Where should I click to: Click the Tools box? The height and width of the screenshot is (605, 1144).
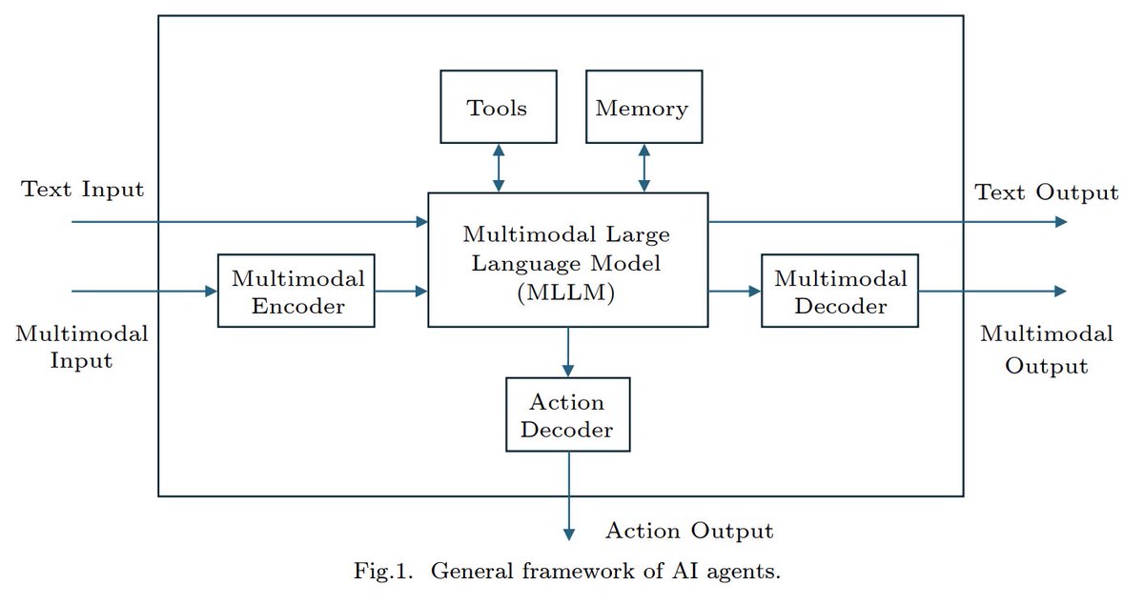point(498,107)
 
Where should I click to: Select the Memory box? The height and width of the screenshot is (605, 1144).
point(643,107)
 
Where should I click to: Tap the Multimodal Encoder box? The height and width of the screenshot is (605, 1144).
point(296,291)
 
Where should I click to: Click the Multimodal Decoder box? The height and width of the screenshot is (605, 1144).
point(839,291)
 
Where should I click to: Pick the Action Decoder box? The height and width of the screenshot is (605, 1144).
point(568,413)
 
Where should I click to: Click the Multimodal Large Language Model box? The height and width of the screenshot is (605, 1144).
point(567,259)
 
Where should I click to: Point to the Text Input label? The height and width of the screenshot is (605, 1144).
point(83,189)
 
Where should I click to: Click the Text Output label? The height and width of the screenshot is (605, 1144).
point(1046,192)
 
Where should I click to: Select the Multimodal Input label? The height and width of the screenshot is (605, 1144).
point(82,347)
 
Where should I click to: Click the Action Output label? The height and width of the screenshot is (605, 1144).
point(689,531)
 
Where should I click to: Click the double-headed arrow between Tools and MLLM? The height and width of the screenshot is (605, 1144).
point(498,168)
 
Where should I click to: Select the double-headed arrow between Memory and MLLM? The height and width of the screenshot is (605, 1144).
point(644,168)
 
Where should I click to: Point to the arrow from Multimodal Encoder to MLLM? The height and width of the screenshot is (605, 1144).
point(400,291)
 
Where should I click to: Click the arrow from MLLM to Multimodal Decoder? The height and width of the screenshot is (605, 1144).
point(734,291)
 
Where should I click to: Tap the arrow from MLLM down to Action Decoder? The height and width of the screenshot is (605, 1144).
point(568,351)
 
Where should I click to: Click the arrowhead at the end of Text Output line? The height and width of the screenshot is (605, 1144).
point(1060,221)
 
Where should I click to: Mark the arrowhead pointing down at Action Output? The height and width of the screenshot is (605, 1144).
point(569,534)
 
